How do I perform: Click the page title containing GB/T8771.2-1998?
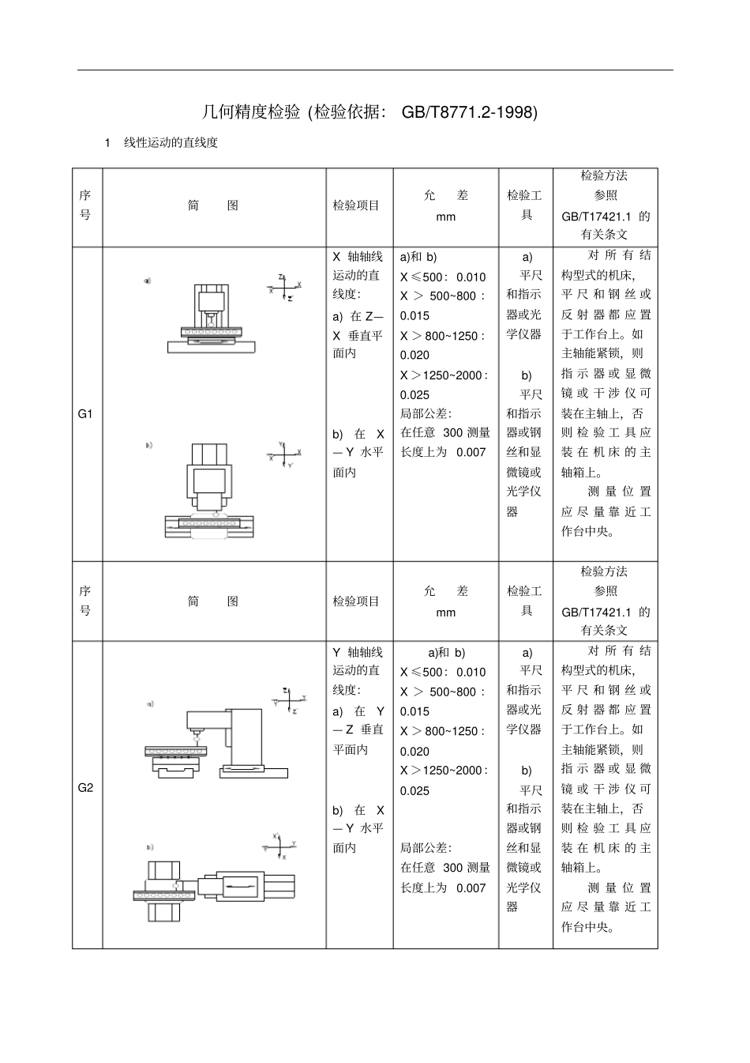(369, 112)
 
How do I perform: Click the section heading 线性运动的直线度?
(170, 143)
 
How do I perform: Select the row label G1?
(85, 413)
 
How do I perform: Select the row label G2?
(85, 787)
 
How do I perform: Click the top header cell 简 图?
(213, 205)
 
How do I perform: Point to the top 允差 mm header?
(446, 205)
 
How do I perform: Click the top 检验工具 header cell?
(524, 205)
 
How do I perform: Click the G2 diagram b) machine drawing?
(213, 890)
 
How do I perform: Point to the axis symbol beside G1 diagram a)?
(285, 287)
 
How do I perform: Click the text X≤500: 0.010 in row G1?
(443, 277)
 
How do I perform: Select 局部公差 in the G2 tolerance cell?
(426, 848)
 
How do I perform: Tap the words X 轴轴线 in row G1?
(358, 256)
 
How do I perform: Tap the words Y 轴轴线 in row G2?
(358, 652)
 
